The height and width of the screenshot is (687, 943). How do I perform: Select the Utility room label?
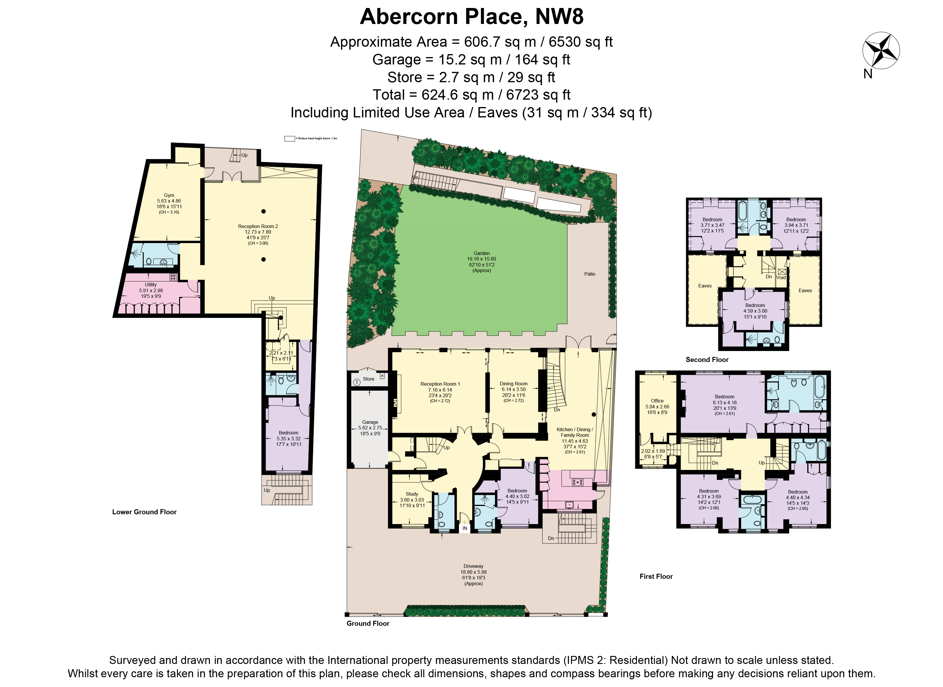(151, 285)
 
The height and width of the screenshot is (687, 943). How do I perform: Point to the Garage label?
(370, 422)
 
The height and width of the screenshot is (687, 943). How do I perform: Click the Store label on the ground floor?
(368, 379)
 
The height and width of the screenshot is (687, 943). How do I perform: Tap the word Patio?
(590, 274)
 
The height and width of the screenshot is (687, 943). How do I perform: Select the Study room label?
(412, 494)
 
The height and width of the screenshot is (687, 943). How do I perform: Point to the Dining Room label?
(514, 384)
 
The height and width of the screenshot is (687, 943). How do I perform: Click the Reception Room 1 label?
(440, 384)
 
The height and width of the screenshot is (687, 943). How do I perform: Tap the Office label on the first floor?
(657, 401)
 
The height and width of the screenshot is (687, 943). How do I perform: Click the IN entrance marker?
(465, 528)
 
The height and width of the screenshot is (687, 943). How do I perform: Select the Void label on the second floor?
(781, 277)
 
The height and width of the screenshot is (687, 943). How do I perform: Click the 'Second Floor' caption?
(707, 360)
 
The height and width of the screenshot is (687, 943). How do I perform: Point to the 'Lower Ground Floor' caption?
(144, 512)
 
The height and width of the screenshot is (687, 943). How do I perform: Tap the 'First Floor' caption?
(656, 576)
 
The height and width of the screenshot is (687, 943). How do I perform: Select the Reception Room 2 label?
(258, 226)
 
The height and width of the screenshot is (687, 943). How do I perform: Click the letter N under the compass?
(868, 74)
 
